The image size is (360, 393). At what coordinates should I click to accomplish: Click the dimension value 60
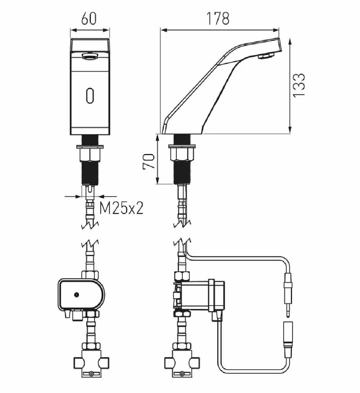89,19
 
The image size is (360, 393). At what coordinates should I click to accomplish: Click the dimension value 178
218,18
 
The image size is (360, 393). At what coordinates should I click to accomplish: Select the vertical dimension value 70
149,161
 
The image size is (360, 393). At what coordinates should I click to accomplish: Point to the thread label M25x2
121,208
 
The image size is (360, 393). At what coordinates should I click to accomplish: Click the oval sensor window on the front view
90,95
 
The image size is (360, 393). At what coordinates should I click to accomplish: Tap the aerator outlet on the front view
90,57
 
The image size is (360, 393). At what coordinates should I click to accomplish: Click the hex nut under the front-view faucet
90,155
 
